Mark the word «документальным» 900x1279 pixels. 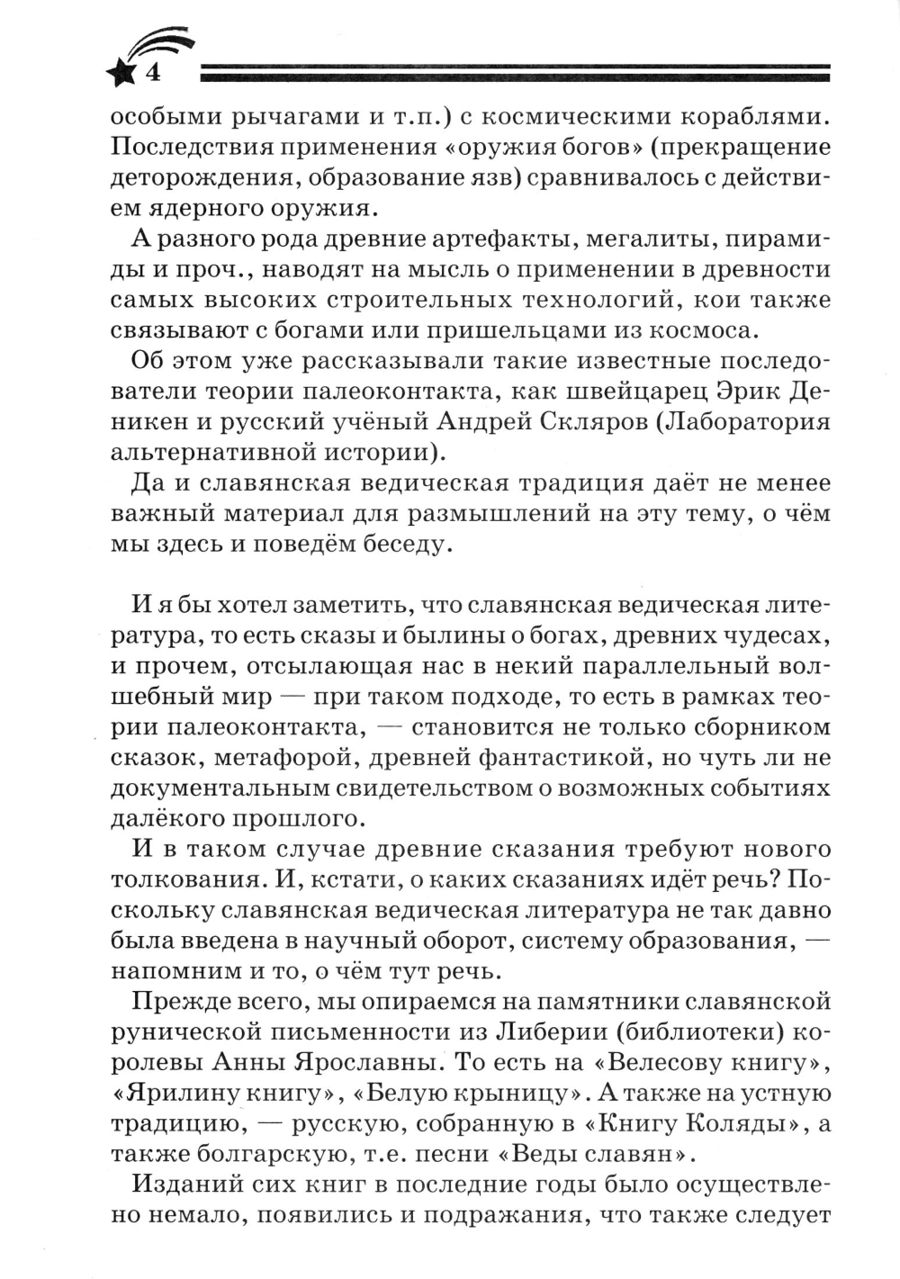point(217,788)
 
